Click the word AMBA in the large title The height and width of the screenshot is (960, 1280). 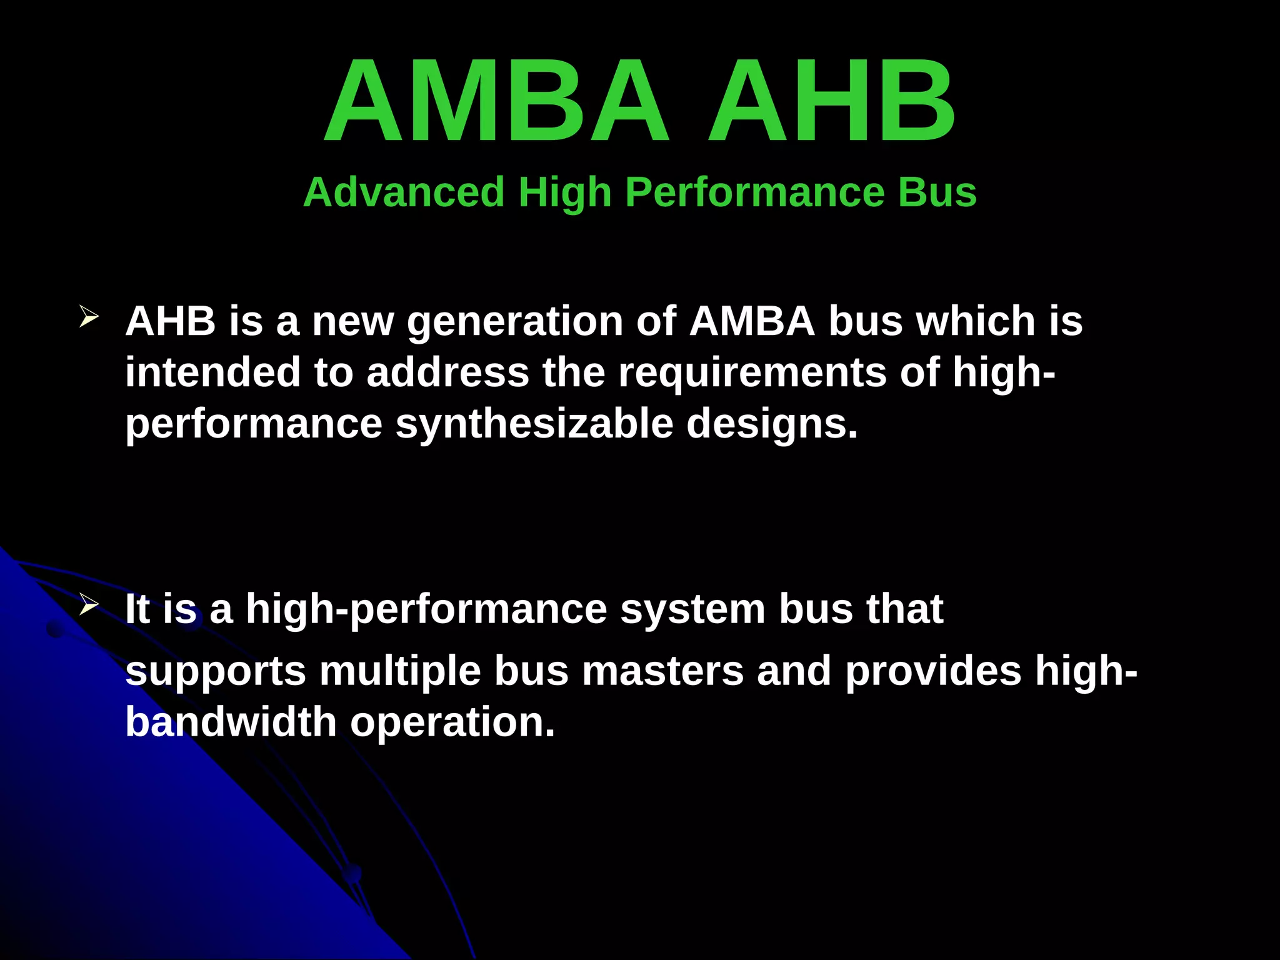click(x=497, y=101)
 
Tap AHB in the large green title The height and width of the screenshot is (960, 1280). click(x=831, y=101)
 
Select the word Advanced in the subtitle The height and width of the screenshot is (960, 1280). click(x=404, y=192)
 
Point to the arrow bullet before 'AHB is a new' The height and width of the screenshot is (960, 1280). click(x=89, y=317)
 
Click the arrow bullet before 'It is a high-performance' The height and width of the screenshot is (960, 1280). click(x=89, y=604)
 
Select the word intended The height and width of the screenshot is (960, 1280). click(x=212, y=372)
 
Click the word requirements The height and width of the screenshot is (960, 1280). click(x=752, y=374)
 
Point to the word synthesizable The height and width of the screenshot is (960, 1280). click(x=534, y=425)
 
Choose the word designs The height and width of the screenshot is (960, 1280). click(x=772, y=425)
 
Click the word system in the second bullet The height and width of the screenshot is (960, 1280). click(x=692, y=610)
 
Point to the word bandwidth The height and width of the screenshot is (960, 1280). click(x=231, y=722)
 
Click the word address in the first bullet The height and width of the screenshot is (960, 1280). click(x=447, y=372)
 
